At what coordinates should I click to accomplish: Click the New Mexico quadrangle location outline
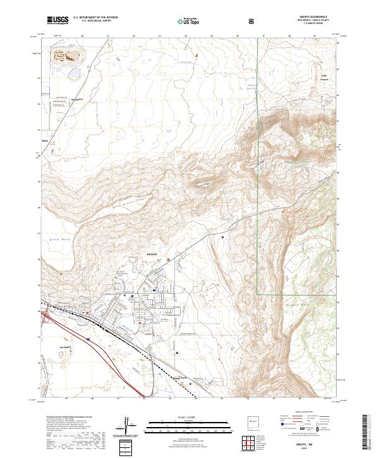254,423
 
